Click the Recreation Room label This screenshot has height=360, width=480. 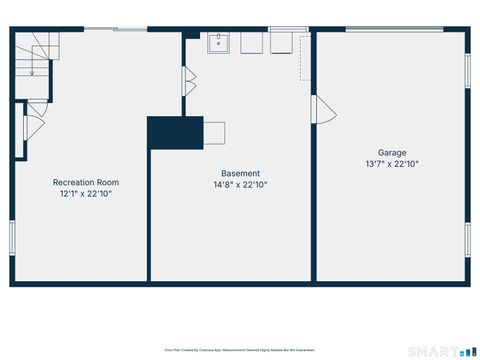pyautogui.click(x=85, y=182)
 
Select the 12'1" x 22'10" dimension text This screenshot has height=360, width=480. pyautogui.click(x=85, y=194)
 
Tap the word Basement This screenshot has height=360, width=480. pyautogui.click(x=240, y=173)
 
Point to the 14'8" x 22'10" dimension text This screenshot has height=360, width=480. pyautogui.click(x=240, y=185)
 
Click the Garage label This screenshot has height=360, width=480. pyautogui.click(x=392, y=153)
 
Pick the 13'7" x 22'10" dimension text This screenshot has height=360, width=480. pyautogui.click(x=392, y=164)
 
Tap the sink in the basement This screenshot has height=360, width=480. pyautogui.click(x=220, y=44)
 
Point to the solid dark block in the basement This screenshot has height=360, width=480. pyautogui.click(x=175, y=132)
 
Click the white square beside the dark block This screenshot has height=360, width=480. pyautogui.click(x=214, y=132)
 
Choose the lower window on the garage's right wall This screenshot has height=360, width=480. pyautogui.click(x=467, y=239)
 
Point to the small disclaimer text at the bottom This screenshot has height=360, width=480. pyautogui.click(x=239, y=350)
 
